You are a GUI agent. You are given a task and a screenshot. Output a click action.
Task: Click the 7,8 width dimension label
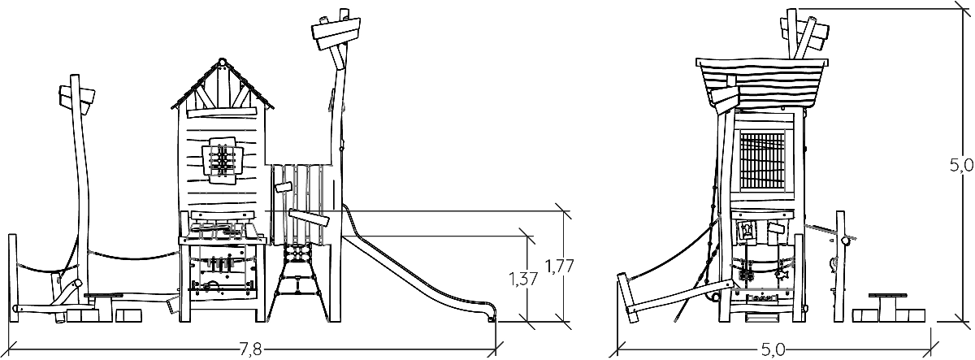coord(251,349)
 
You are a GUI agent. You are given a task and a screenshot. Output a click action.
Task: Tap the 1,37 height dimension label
coord(523,279)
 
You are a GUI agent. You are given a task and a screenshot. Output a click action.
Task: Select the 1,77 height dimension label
coord(560,266)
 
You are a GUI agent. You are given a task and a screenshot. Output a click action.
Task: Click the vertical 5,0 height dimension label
coord(960,166)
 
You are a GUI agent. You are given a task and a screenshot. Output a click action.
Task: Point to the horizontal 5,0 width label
coord(773,349)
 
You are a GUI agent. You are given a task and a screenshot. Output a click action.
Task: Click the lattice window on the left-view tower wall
coord(223,160)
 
